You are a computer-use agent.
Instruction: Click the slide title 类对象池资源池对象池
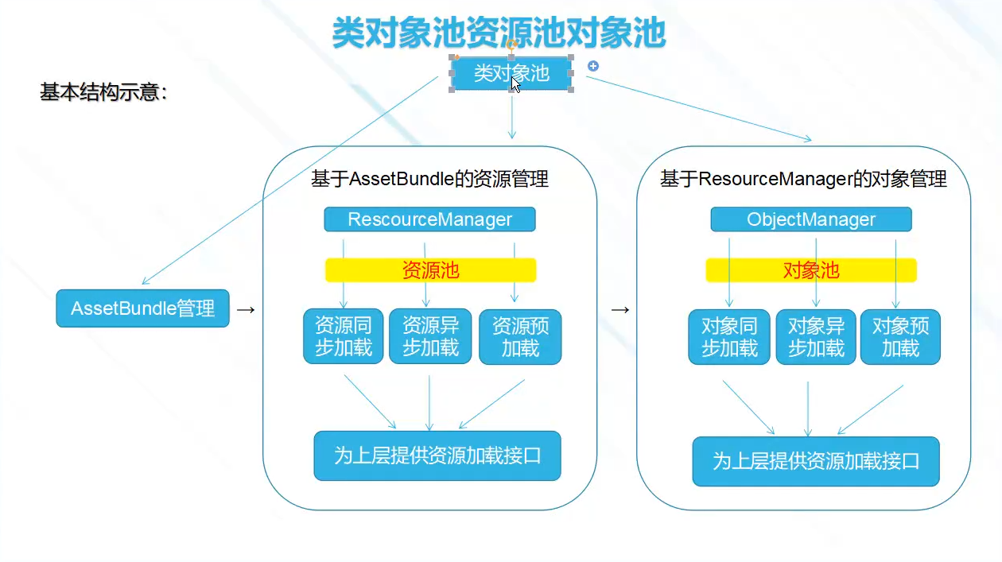499,33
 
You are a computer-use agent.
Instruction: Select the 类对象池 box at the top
511,73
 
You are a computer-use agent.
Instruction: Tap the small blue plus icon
593,66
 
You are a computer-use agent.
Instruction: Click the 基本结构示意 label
103,92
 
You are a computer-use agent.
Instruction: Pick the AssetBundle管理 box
142,308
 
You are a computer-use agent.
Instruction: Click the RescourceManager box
429,219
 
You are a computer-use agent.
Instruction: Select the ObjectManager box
810,219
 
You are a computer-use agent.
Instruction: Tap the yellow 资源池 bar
430,270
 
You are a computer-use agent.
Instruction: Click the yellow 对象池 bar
810,270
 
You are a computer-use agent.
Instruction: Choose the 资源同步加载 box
344,337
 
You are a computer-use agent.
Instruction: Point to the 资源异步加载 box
430,337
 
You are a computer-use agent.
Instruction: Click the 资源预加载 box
520,337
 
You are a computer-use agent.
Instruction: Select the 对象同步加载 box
729,337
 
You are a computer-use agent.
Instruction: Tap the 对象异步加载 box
815,337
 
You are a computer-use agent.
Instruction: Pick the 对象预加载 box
900,337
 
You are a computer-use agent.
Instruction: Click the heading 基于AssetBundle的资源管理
429,179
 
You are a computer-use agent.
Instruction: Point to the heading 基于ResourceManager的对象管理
803,179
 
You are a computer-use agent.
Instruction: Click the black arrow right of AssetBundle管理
246,309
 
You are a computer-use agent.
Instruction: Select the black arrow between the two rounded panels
619,309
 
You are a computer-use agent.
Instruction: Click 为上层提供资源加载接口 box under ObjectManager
816,461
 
